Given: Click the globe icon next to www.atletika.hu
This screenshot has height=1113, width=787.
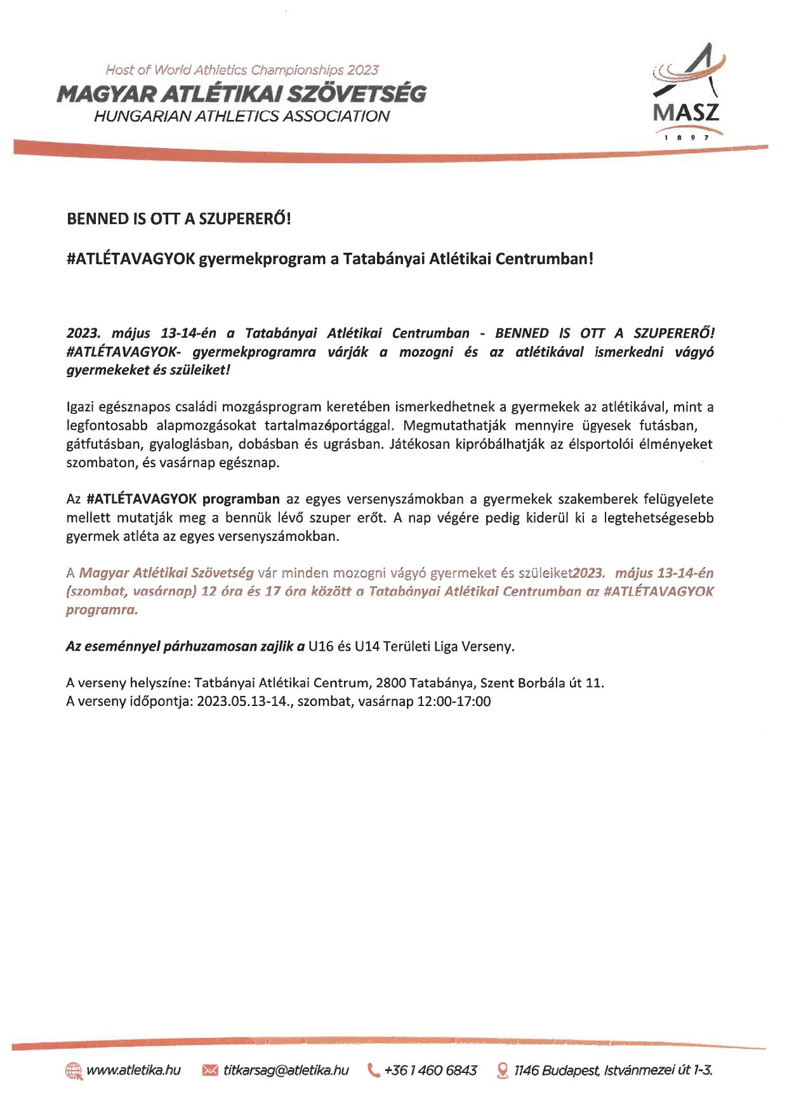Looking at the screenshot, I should [74, 1070].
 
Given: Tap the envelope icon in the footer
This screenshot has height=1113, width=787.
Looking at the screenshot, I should [210, 1070].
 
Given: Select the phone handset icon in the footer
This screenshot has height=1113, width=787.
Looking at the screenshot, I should [374, 1070].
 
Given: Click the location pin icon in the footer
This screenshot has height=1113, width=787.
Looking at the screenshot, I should [503, 1070].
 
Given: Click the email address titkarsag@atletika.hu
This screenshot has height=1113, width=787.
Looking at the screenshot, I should [286, 1070].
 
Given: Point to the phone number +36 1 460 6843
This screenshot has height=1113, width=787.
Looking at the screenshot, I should [431, 1070].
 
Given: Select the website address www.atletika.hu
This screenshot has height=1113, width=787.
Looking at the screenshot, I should [133, 1070].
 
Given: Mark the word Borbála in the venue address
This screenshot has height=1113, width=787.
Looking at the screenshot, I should [541, 683].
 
